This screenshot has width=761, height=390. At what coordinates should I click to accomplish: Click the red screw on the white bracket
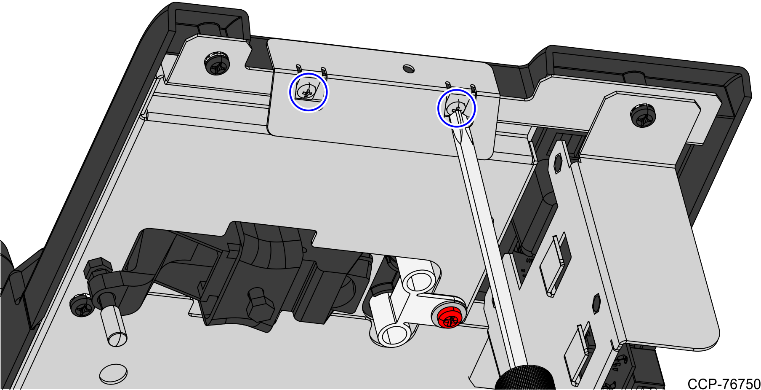448,317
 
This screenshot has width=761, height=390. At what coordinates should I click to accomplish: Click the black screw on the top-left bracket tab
217,63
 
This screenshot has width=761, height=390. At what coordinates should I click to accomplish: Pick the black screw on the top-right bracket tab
643,116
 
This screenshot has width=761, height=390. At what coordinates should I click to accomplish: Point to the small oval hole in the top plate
408,68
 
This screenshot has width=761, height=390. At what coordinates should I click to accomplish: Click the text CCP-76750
724,384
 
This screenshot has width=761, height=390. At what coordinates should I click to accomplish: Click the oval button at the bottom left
113,374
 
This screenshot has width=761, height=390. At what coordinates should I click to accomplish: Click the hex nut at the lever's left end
98,268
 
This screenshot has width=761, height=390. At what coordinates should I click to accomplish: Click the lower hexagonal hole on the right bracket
596,304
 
